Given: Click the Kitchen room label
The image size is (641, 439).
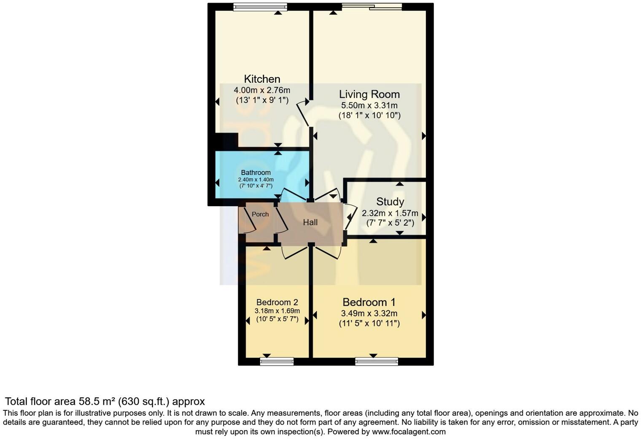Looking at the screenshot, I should click(262, 79).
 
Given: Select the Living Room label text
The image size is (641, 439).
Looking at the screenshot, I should click(369, 94).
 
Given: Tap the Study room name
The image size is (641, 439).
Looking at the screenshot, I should click(390, 202).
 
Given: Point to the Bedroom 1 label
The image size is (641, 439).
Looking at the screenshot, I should click(369, 302).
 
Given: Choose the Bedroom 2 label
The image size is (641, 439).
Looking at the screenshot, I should click(277, 302).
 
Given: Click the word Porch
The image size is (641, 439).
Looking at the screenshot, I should click(260, 214).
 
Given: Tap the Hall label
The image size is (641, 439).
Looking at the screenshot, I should click(310, 222).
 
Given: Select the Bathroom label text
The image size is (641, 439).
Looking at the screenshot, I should click(256, 172).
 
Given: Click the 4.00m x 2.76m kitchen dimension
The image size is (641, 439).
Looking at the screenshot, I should click(262, 90).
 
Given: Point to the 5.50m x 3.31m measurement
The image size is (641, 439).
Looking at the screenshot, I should click(369, 105).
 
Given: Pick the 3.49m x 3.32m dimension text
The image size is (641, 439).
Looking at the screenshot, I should click(369, 313).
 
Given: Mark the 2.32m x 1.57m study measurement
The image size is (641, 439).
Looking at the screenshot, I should click(390, 213).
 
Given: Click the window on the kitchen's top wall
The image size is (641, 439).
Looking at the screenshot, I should click(260, 7).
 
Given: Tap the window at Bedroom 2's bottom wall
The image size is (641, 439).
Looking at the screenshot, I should click(277, 361).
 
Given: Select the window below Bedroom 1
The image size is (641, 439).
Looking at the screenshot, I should click(376, 361).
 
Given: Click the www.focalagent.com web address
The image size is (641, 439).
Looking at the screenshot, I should click(408, 431).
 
